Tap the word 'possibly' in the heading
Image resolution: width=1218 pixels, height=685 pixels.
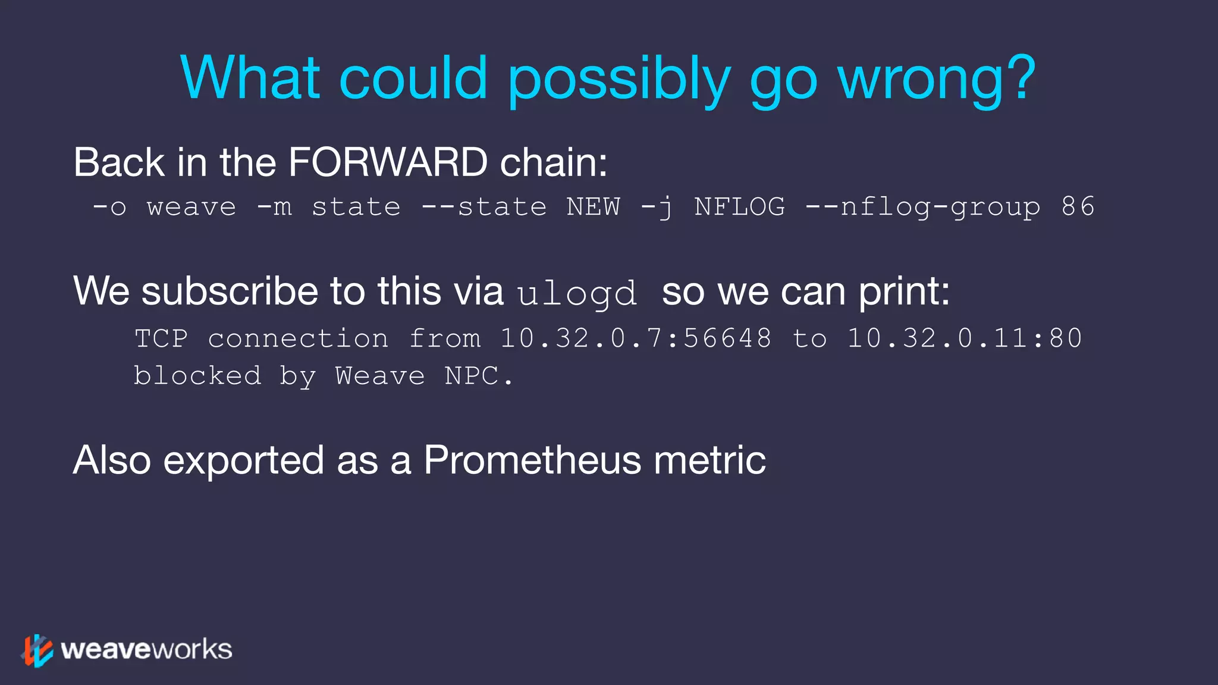[x=619, y=80]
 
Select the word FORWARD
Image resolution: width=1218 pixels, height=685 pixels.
[x=388, y=162]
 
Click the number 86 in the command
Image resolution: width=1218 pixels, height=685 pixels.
[x=1078, y=207]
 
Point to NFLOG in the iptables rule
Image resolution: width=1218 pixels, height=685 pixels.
[x=739, y=207]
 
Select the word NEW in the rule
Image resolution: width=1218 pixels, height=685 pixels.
[x=593, y=207]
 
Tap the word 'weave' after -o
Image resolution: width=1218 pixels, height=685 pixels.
[x=192, y=208]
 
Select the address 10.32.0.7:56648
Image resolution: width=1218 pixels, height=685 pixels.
[x=635, y=338]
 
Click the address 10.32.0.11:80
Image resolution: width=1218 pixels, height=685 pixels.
[x=964, y=338]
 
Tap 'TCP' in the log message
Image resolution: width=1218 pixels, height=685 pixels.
[x=161, y=338]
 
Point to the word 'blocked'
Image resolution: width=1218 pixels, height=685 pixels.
[x=197, y=376]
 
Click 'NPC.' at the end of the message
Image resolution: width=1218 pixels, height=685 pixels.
[x=479, y=376]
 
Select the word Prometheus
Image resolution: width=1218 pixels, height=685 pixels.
[x=532, y=460]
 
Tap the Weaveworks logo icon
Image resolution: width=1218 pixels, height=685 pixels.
[x=37, y=650]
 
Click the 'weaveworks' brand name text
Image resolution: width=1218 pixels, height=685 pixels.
[x=146, y=649]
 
